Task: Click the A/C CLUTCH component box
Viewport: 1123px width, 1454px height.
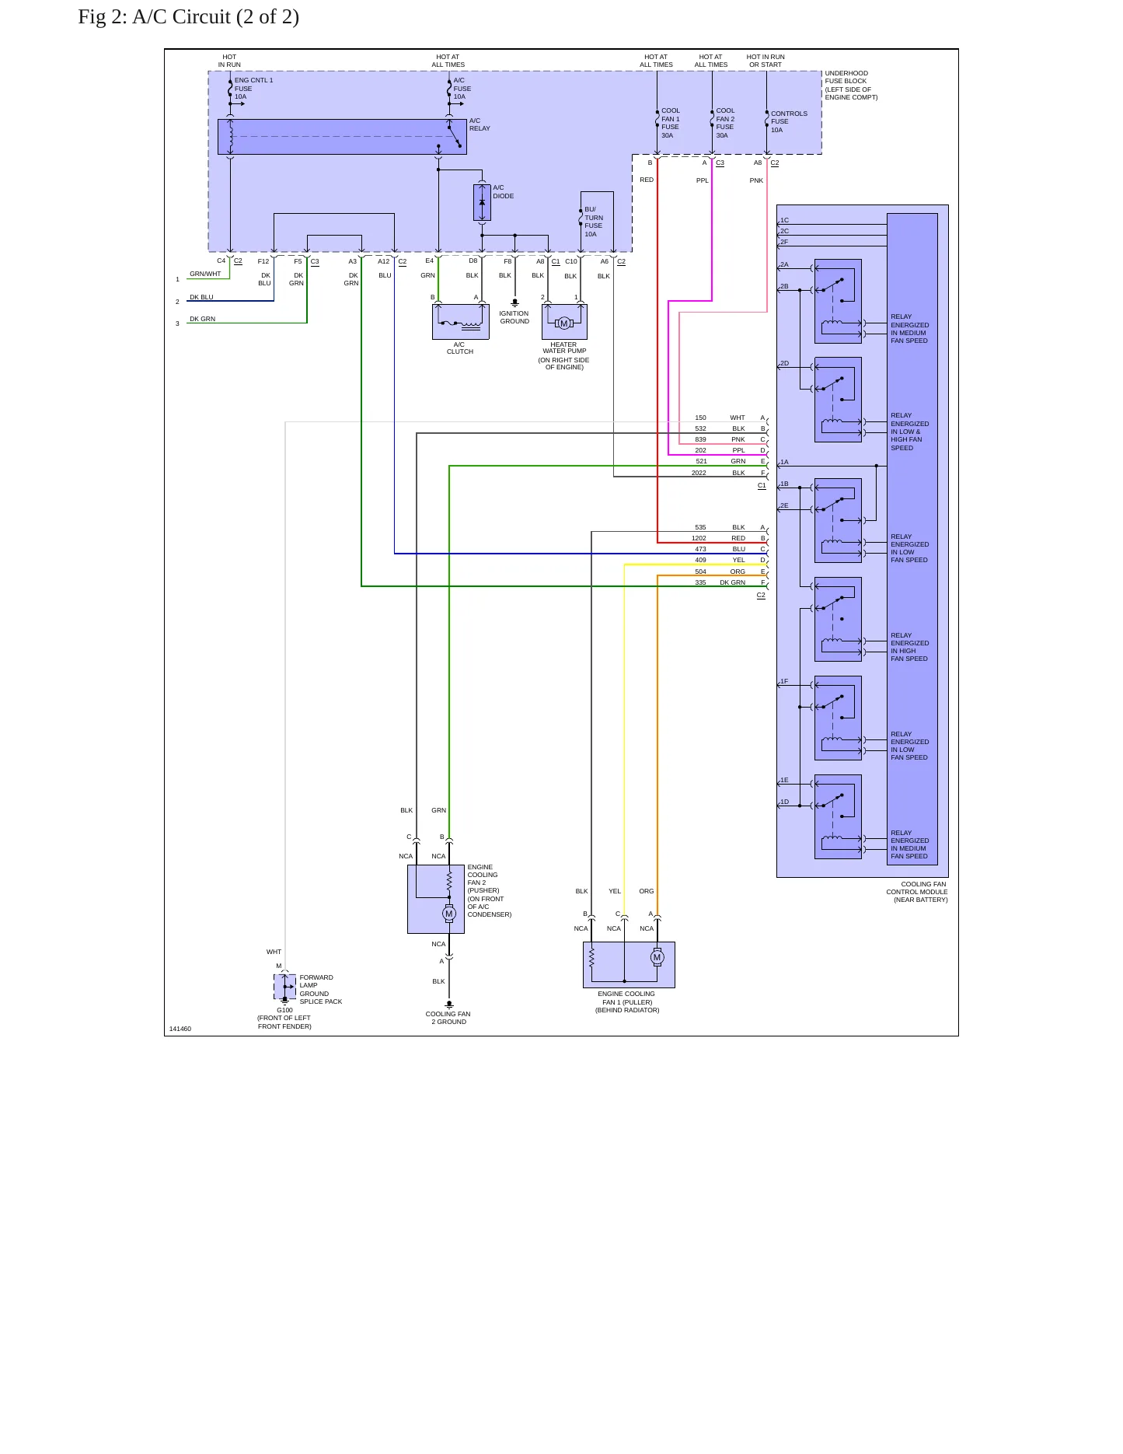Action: pos(461,321)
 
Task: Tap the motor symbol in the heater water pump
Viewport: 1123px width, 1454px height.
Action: pos(564,323)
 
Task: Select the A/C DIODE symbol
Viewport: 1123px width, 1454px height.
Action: pos(482,202)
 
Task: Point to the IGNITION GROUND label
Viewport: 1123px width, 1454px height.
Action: pos(514,317)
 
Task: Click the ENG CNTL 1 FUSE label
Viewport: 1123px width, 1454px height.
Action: pos(253,89)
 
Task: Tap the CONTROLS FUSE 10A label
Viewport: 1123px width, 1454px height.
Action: pos(789,121)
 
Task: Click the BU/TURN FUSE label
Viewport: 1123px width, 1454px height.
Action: pos(594,222)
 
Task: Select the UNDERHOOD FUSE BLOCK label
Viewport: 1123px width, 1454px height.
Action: pos(851,86)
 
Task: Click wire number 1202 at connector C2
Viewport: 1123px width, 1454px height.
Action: pos(699,538)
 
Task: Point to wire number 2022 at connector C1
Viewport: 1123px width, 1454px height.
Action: pos(699,473)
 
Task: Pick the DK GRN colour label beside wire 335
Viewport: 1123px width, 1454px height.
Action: pos(732,582)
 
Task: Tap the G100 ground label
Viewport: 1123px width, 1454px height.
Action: pos(284,1010)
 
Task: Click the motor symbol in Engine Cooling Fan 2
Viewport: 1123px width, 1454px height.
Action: pos(449,914)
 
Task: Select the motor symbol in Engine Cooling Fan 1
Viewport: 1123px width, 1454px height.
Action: pos(657,957)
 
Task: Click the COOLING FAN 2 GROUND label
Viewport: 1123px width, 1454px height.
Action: pos(448,1018)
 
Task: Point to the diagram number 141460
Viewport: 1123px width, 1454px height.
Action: pos(180,1029)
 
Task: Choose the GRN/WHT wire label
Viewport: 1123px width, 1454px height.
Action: pos(205,274)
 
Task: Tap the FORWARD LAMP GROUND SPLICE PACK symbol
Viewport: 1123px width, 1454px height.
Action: pos(284,987)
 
